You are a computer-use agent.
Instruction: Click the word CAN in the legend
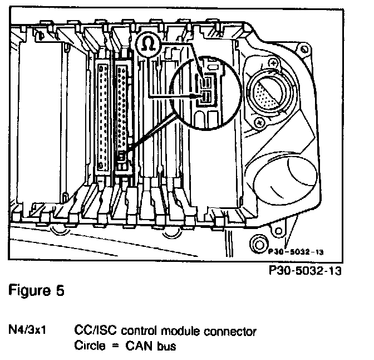click(x=134, y=346)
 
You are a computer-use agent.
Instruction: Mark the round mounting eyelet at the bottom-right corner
click(x=258, y=244)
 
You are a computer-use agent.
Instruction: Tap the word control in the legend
click(x=136, y=331)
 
